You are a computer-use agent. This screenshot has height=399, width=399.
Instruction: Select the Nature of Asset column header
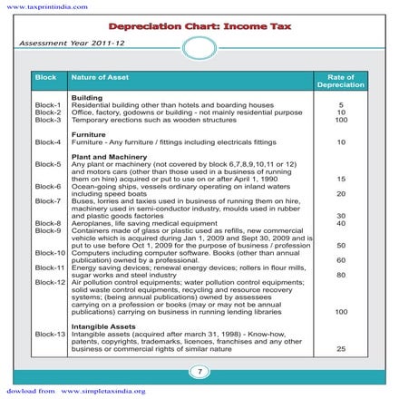[x=99, y=79]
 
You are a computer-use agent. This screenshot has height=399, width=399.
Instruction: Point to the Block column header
[x=45, y=79]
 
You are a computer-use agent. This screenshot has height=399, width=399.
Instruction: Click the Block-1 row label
[x=47, y=105]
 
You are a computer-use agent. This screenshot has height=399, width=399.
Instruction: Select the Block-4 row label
[x=47, y=142]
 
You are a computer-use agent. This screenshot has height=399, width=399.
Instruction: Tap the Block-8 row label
[x=47, y=223]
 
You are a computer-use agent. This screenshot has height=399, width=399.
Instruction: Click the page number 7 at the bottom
[x=199, y=370]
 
